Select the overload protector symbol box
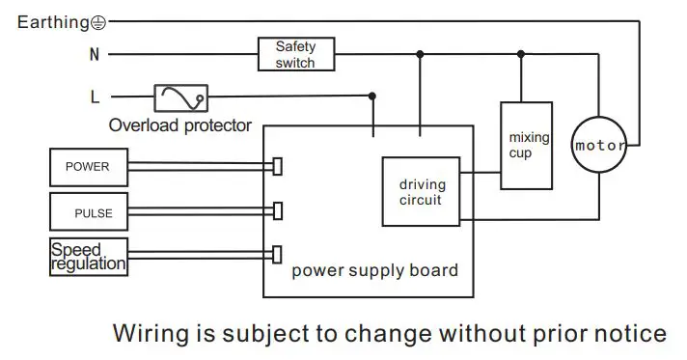point(180,97)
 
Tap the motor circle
point(599,146)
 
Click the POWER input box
point(88,167)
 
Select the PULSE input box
point(88,210)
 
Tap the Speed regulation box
point(88,256)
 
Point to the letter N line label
point(95,55)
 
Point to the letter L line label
point(95,97)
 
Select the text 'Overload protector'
point(179,125)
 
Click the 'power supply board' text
point(374,270)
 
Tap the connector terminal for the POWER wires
point(277,167)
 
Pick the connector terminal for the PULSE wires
point(277,210)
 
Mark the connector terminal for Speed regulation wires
point(277,255)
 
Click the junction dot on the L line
point(372,96)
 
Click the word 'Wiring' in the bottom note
point(146,334)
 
